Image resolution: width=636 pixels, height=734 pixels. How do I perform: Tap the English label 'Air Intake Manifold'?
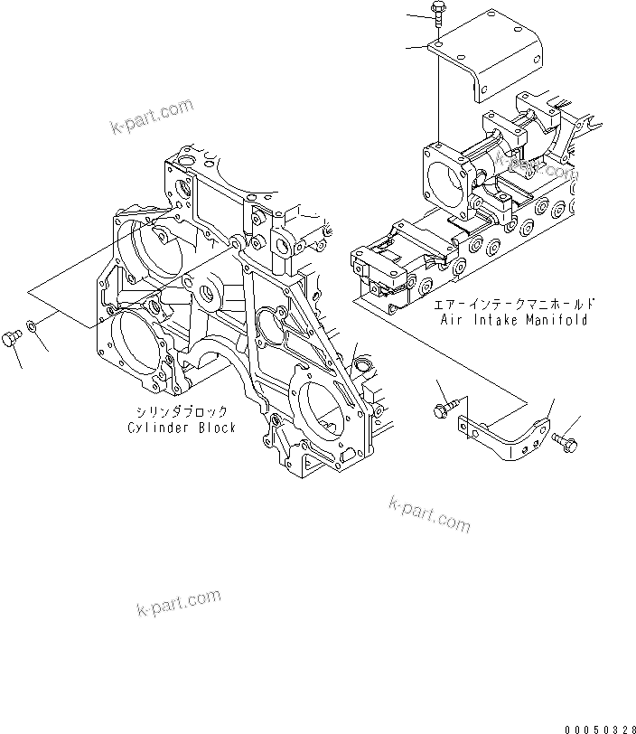tap(514, 319)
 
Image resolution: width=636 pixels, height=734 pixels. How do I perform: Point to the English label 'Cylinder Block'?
tap(182, 427)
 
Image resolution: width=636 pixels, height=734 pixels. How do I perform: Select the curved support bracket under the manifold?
tap(506, 433)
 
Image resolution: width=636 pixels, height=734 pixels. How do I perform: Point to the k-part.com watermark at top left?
tap(153, 116)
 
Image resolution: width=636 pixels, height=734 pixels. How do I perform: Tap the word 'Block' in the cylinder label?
tap(217, 427)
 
